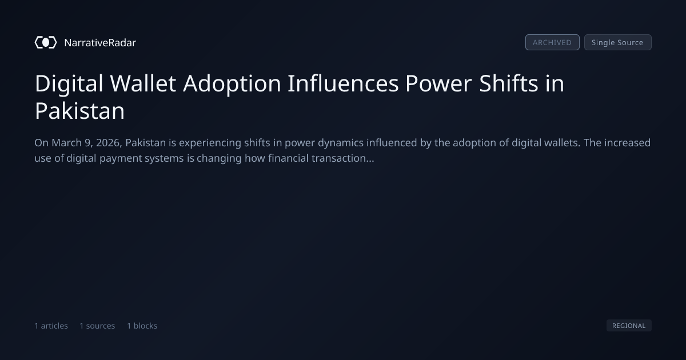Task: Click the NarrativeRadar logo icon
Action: (46, 42)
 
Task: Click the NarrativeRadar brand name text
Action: (100, 42)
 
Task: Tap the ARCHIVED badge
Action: (552, 42)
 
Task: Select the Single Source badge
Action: (618, 42)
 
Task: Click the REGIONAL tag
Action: (629, 325)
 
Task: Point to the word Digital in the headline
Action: (69, 83)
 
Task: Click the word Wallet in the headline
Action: (143, 83)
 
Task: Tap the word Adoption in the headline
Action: (232, 84)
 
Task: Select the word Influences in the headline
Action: (343, 83)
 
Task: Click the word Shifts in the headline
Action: (508, 83)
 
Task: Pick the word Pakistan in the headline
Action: (79, 111)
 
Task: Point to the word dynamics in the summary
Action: (341, 143)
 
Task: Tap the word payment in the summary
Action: (121, 159)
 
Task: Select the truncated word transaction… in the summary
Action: (342, 158)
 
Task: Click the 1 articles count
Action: (51, 326)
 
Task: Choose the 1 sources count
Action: (97, 326)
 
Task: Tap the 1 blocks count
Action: (142, 326)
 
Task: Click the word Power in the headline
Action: (438, 83)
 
